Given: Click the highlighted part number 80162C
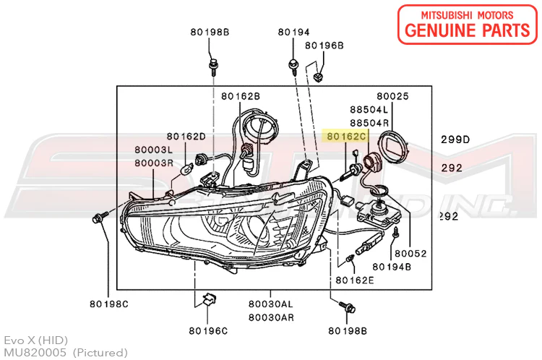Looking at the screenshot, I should click(x=344, y=136).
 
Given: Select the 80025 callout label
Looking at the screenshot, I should click(x=392, y=95).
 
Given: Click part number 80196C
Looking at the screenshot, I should click(x=208, y=331).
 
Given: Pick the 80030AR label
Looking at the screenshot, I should click(x=271, y=317).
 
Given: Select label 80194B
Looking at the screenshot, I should click(x=393, y=267).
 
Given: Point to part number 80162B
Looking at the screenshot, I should click(x=241, y=95).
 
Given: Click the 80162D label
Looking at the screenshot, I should click(x=186, y=136).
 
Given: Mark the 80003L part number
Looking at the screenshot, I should click(x=153, y=150).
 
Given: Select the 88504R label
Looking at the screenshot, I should click(x=369, y=123).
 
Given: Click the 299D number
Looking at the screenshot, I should click(x=456, y=139).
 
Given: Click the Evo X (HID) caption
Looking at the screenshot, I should click(x=36, y=340).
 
